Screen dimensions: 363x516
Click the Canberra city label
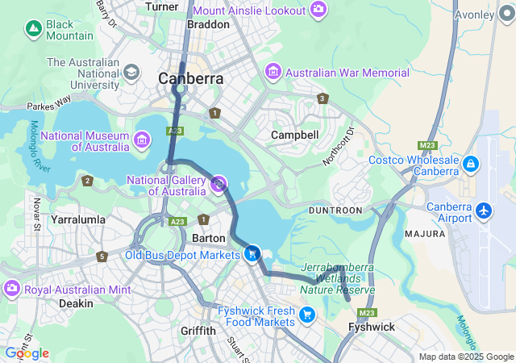190,79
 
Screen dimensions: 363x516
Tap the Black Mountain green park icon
33,30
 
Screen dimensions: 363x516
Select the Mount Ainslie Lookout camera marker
318,10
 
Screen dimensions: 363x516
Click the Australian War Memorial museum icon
273,73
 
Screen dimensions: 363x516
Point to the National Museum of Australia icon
142,141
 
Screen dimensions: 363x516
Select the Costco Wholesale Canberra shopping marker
470,165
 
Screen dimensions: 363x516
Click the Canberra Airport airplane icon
484,211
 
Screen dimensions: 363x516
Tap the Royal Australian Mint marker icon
11,288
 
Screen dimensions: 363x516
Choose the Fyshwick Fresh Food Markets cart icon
306,315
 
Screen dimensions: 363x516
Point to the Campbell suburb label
294,135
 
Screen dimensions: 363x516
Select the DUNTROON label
335,210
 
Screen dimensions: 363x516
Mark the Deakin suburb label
76,303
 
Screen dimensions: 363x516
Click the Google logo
27,353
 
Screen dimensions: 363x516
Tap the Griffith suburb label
198,331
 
